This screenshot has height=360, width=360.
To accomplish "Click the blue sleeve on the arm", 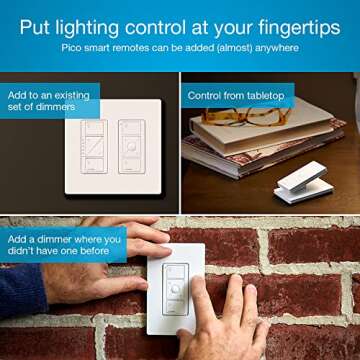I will point(25,290).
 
